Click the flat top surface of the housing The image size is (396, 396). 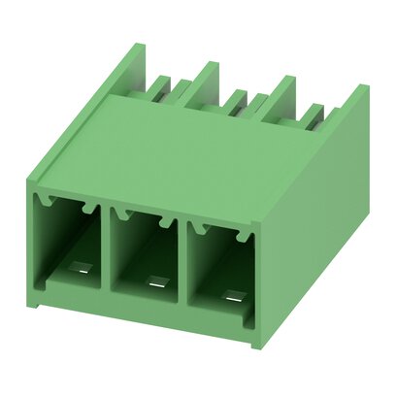pyautogui.click(x=194, y=146)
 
